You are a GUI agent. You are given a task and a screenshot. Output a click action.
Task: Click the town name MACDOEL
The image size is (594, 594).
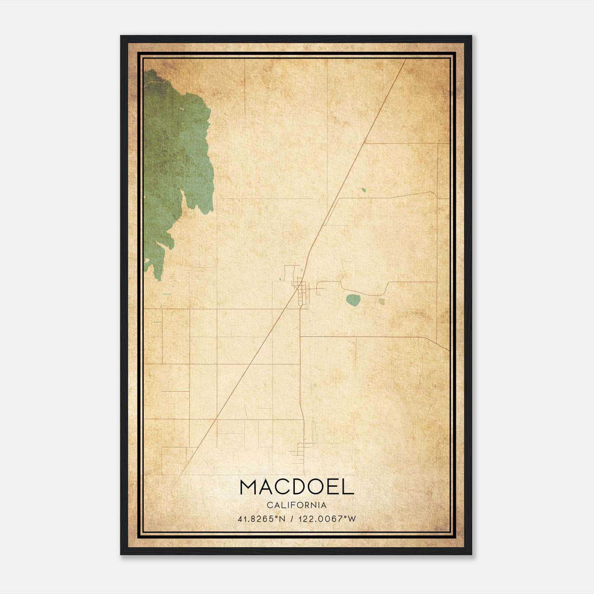click(x=297, y=487)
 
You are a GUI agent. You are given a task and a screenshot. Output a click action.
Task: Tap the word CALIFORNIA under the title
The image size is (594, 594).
click(x=297, y=505)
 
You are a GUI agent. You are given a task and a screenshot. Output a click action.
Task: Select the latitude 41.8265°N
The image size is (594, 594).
click(x=261, y=519)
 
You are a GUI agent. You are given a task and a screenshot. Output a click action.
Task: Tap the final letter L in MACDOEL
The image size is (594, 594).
click(x=348, y=487)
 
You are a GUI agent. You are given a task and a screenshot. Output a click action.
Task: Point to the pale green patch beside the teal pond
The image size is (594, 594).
click(x=381, y=301)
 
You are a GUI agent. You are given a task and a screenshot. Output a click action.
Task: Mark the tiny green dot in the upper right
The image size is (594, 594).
click(x=364, y=190)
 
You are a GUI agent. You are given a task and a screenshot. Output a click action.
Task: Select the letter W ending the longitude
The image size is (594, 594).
click(x=352, y=519)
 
